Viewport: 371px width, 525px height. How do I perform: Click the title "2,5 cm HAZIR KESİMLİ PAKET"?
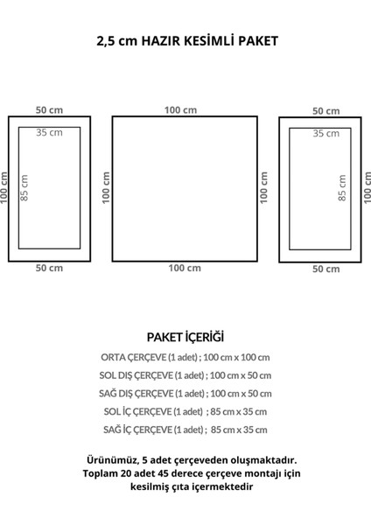click(x=187, y=41)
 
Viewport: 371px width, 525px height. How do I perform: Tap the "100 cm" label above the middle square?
click(x=180, y=110)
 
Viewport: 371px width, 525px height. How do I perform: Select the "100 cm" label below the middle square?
click(x=185, y=268)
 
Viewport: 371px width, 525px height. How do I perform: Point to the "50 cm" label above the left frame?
click(x=49, y=110)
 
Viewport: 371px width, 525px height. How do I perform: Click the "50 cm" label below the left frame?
click(x=49, y=268)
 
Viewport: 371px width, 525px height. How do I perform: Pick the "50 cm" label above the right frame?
click(x=326, y=111)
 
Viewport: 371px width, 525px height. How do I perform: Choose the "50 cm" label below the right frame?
click(x=326, y=269)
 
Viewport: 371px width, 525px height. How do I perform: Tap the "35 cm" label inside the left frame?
click(x=49, y=133)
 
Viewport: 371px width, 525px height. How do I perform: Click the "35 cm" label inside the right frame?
click(x=326, y=134)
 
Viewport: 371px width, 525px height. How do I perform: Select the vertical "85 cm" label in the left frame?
click(x=24, y=188)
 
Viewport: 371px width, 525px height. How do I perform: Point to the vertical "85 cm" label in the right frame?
click(x=342, y=188)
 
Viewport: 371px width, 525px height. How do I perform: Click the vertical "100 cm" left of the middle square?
click(x=106, y=187)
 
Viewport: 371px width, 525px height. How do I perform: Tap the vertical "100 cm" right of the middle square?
click(x=264, y=187)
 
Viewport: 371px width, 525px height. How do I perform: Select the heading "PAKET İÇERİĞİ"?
click(x=185, y=337)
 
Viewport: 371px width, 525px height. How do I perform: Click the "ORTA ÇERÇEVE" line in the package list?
click(x=185, y=357)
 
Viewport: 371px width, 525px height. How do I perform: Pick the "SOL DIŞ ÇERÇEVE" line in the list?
click(x=185, y=375)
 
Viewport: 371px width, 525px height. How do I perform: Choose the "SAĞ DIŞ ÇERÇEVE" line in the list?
click(x=185, y=394)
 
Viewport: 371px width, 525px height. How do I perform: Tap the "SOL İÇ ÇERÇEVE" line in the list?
click(x=185, y=411)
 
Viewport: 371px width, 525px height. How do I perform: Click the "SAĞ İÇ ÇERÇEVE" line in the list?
click(x=185, y=430)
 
